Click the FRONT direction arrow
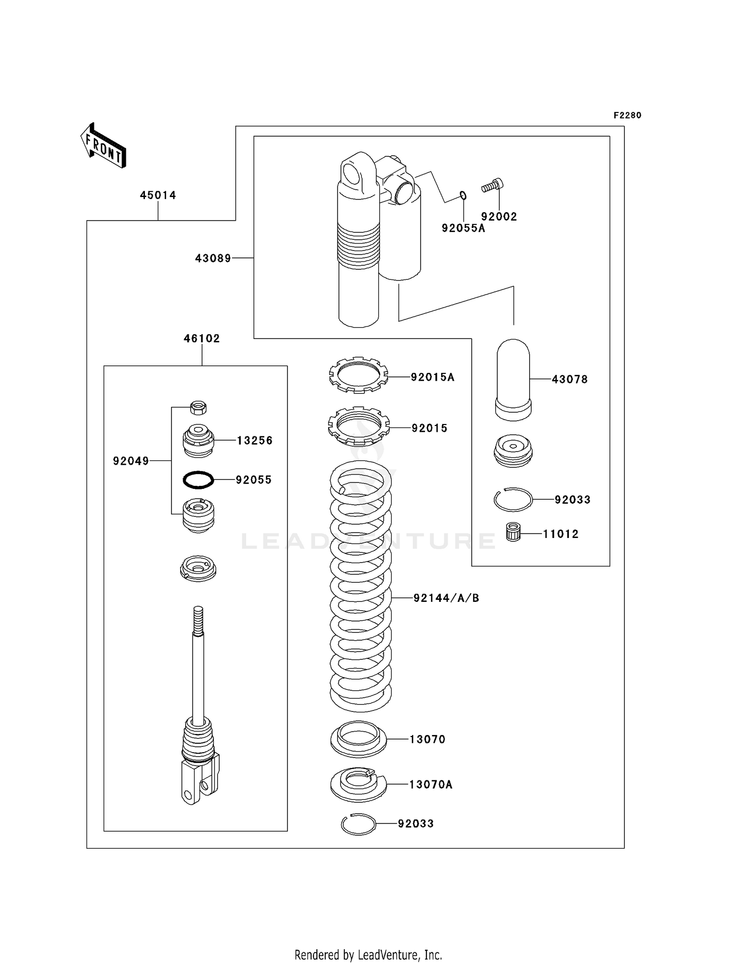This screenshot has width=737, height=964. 104,146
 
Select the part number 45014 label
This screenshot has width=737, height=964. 158,195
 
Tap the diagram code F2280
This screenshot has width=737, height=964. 627,115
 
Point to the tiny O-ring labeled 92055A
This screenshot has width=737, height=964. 463,196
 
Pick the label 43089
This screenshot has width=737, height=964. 213,258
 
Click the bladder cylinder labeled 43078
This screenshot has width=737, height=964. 513,379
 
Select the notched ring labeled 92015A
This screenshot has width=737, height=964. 358,375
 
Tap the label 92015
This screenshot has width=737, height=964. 429,428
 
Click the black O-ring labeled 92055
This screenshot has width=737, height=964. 198,480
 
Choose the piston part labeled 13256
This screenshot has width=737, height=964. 198,441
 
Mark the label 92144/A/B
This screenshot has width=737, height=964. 446,598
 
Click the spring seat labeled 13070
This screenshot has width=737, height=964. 358,739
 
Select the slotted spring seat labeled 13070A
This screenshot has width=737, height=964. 358,784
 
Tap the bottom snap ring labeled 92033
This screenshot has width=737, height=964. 358,824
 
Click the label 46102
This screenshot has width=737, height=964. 201,338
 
